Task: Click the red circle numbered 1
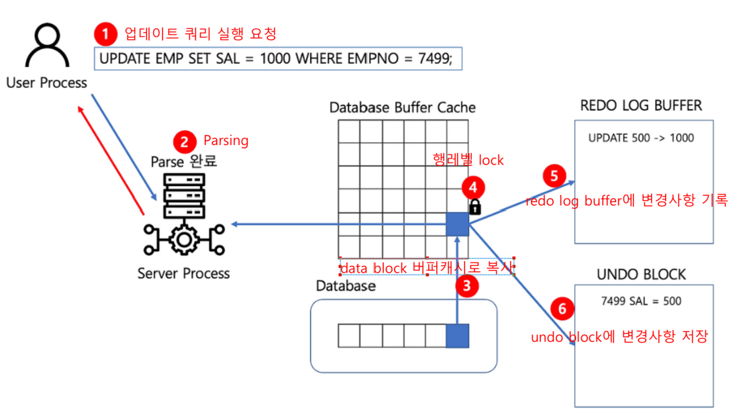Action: coord(105,34)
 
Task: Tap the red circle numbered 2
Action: coord(183,142)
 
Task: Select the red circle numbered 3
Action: coord(467,285)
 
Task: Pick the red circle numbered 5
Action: coord(554,176)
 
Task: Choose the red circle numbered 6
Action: coord(562,308)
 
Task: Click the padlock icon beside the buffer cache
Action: coord(475,206)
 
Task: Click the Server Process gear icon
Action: coord(183,238)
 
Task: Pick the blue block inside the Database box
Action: coord(457,335)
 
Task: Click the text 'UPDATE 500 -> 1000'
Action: coord(641,138)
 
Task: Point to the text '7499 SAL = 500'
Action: coord(641,301)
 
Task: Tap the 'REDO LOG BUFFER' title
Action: coord(641,105)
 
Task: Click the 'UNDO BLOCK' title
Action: coord(641,274)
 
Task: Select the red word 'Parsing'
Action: coord(226,141)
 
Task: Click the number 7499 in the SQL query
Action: coord(434,59)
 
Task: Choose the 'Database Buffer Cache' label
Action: coord(403,107)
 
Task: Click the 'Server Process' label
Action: coord(183,273)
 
